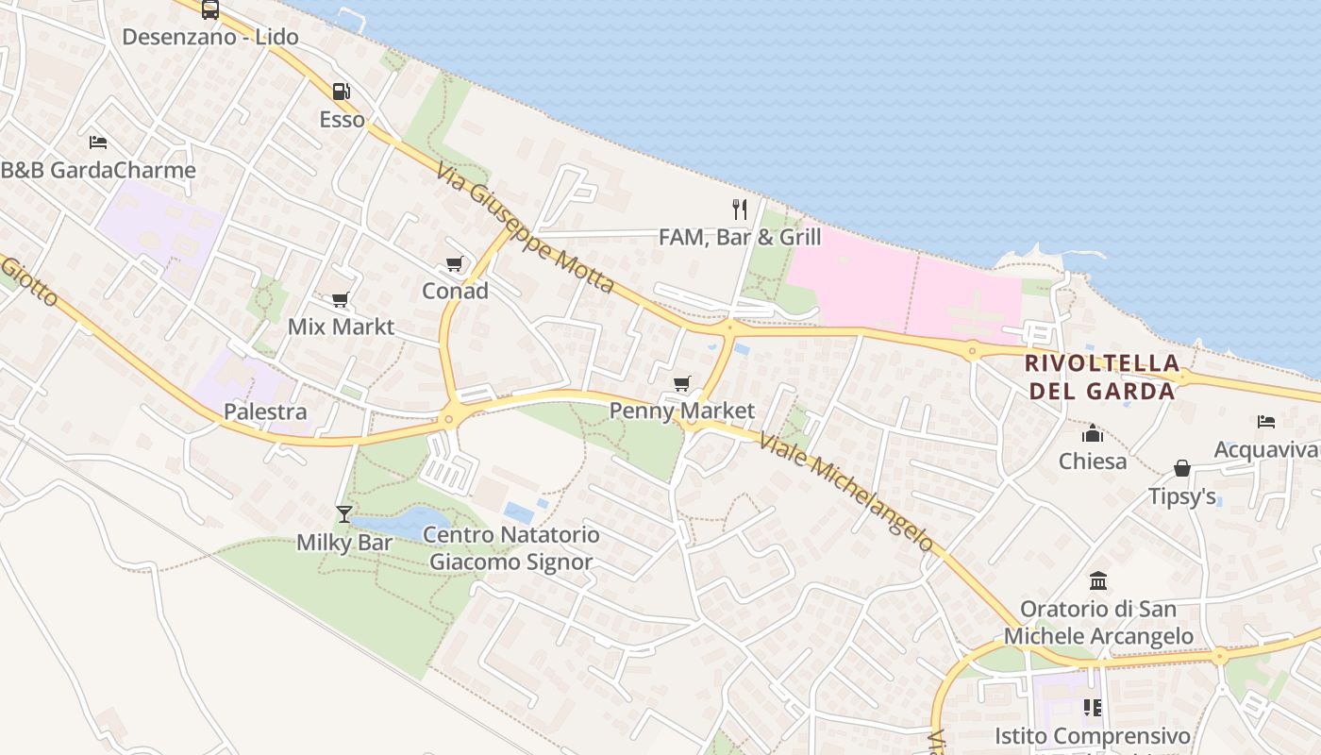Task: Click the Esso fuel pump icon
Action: tap(341, 92)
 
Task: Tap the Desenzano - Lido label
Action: tap(210, 38)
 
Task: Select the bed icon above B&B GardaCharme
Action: tap(98, 143)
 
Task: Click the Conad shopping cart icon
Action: tap(455, 263)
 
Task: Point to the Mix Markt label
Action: tap(341, 327)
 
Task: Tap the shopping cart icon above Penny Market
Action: tap(681, 383)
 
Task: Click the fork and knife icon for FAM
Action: tap(740, 209)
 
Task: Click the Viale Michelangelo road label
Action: tap(845, 491)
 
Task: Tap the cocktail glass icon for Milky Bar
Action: tap(344, 514)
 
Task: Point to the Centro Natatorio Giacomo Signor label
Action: tap(510, 548)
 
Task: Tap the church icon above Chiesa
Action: tap(1093, 434)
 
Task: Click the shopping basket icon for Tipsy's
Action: tap(1181, 468)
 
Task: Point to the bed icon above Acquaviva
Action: tap(1266, 421)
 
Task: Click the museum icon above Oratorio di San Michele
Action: tap(1098, 580)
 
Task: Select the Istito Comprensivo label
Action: tap(1093, 735)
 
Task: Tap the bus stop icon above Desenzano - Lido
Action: tap(210, 9)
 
